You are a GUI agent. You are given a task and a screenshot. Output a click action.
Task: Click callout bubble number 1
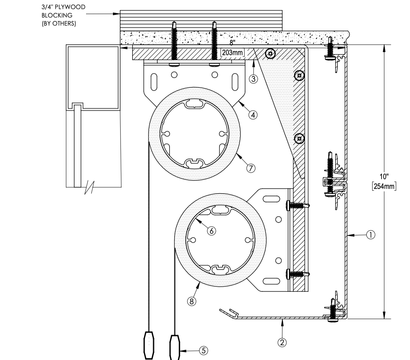(x=371, y=235)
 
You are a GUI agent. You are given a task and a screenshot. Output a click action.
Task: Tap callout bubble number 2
(x=282, y=342)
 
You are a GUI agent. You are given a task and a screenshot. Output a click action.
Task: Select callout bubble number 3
(x=253, y=79)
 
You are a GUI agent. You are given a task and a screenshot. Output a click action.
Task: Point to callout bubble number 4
(x=253, y=115)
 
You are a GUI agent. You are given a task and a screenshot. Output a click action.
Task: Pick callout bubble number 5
(x=204, y=351)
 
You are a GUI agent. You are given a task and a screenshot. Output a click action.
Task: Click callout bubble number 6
(x=212, y=231)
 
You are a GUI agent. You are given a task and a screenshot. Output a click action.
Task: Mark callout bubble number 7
(x=251, y=168)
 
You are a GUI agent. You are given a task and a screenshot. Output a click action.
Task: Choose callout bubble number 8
(x=192, y=301)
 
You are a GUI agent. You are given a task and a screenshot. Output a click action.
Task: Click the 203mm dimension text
(x=232, y=53)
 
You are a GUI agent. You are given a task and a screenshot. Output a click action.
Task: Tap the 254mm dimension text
(x=384, y=186)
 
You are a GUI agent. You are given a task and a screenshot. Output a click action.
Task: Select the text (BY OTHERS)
(x=59, y=23)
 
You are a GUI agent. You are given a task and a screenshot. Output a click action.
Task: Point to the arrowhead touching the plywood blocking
(x=117, y=14)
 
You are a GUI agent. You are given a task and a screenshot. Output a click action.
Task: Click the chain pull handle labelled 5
(x=175, y=347)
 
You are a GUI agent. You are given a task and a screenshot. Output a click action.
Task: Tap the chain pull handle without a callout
(x=149, y=345)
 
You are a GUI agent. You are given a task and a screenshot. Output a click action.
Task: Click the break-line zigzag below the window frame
(x=89, y=188)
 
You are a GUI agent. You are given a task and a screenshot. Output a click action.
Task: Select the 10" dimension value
(x=384, y=177)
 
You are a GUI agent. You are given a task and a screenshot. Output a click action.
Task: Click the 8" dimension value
(x=232, y=42)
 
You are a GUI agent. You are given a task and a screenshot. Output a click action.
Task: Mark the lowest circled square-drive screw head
(x=299, y=139)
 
